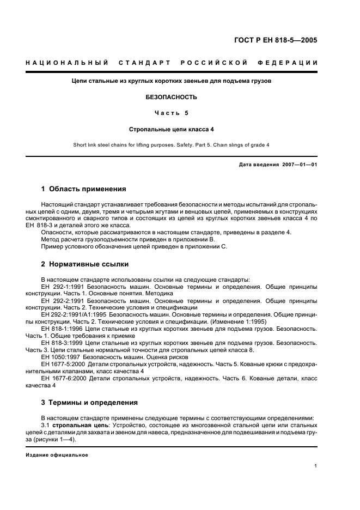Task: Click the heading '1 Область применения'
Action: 84,189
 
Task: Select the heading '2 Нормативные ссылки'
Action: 85,264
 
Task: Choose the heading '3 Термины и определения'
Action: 90,402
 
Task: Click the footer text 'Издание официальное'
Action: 57,454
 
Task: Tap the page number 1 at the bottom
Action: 316,466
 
